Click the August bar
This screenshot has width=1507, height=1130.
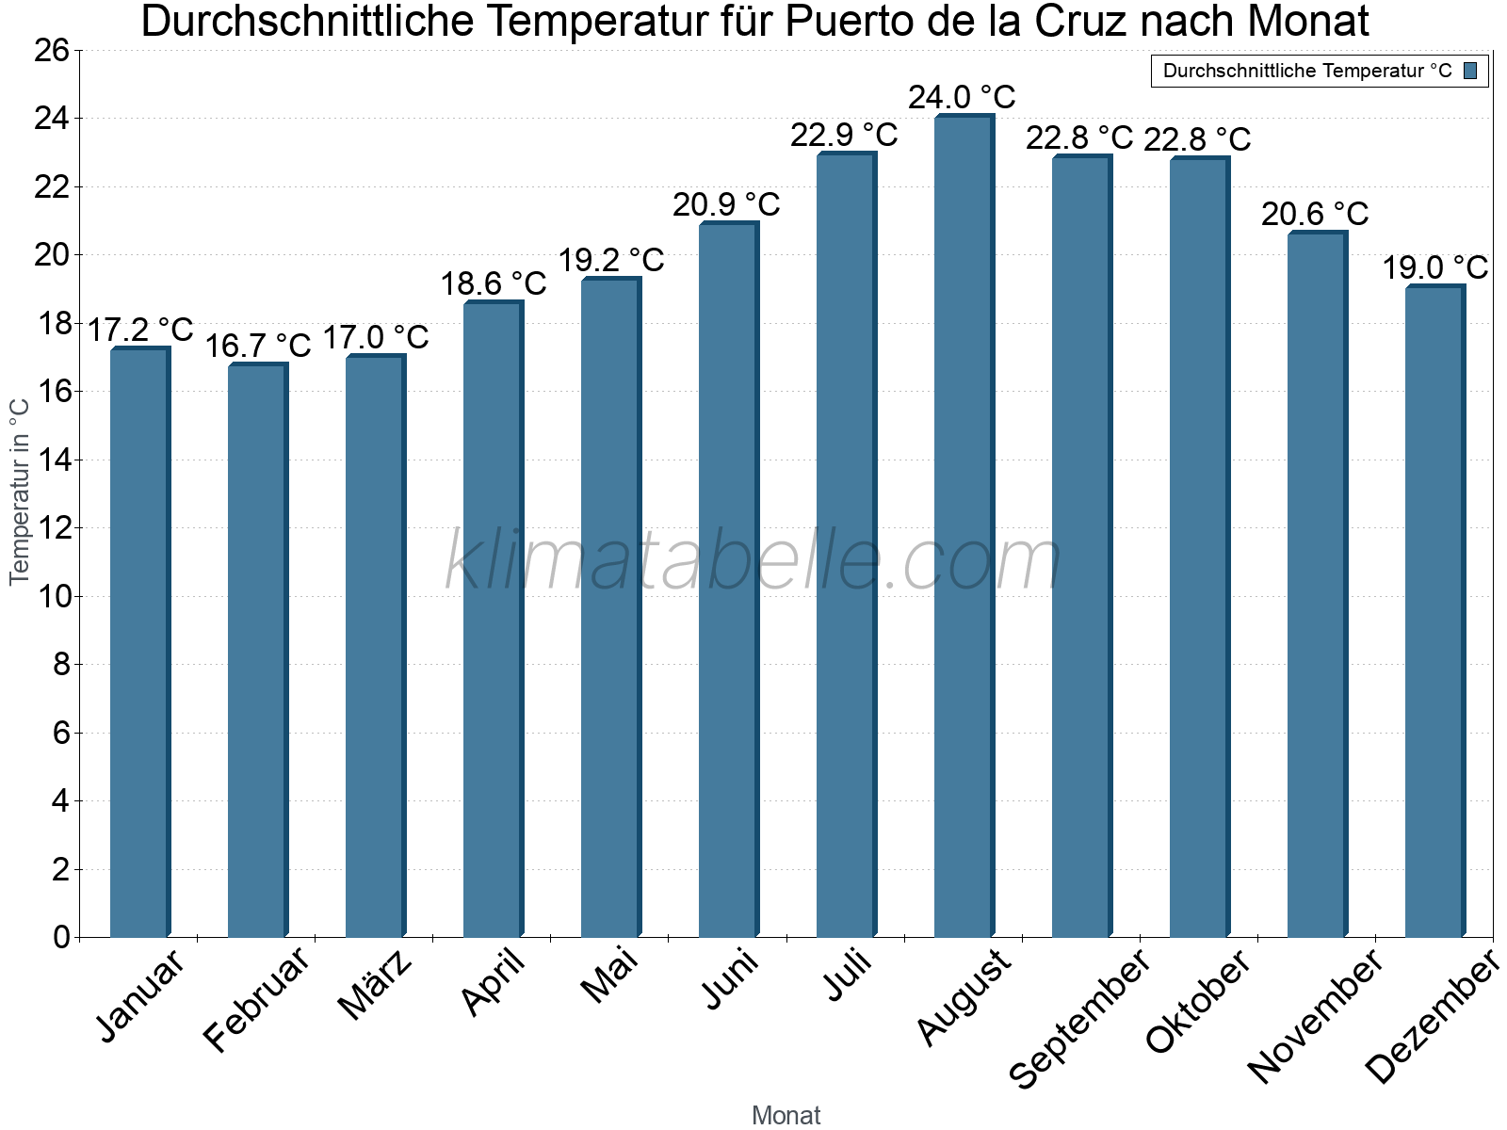964,526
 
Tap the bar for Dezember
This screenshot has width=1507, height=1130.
1434,612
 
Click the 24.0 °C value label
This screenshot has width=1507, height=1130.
962,97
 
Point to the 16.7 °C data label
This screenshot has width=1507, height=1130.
257,347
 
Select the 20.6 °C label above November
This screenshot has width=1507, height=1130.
1315,215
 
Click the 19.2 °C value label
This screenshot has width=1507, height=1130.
611,260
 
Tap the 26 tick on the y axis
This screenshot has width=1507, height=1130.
53,51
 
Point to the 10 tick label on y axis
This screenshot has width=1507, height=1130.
53,597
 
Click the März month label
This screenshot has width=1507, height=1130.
376,985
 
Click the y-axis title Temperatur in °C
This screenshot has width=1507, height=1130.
20,491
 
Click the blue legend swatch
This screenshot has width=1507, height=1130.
1470,71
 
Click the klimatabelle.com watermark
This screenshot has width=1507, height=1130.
753,561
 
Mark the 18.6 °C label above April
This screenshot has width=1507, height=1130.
494,283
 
